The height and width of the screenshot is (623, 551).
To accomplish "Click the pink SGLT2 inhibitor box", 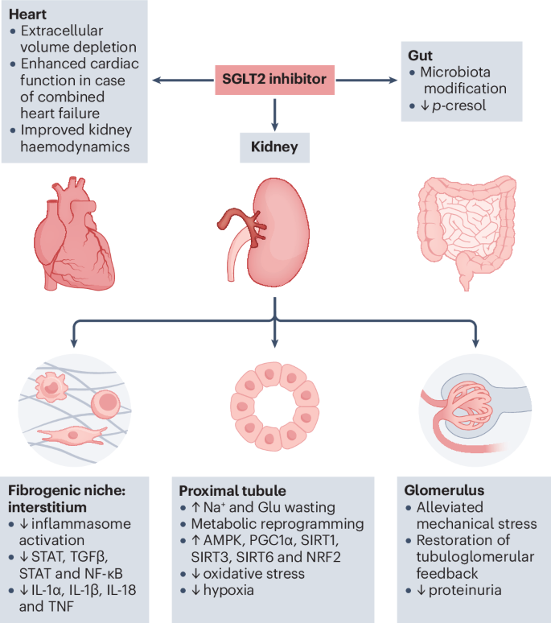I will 274,79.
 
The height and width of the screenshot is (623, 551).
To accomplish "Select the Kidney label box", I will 275,147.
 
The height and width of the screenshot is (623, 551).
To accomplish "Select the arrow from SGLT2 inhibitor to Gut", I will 367,79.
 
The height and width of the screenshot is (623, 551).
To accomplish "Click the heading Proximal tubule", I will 232,491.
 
